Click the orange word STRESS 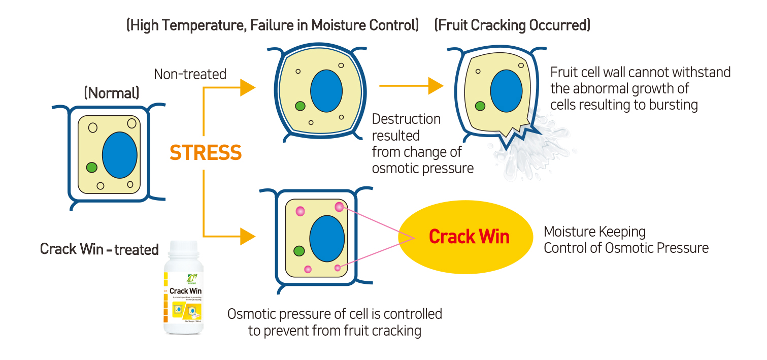coord(205,153)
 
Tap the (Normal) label coord(112,93)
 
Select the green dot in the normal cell coord(91,167)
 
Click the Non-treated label coord(190,74)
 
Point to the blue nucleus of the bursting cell coord(507,91)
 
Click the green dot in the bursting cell coord(479,106)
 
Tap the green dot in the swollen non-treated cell coord(299,106)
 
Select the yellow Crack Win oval coord(469,237)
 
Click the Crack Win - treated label coord(99,249)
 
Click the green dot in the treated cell coord(299,250)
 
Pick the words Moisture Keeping coord(594,232)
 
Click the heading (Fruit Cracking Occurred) coord(512,25)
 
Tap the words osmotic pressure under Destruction coord(422,169)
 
